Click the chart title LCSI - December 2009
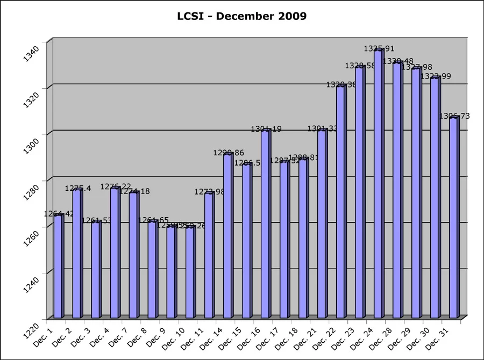tap(242, 16)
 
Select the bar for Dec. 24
tap(378, 183)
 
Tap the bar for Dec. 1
tap(58, 266)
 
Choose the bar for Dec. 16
tap(265, 223)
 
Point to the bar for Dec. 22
tap(340, 201)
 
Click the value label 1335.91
tap(379, 49)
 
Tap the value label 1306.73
tap(454, 116)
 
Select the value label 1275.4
tap(78, 189)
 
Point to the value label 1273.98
tap(210, 192)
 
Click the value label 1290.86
tap(229, 153)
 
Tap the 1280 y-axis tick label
tap(33, 191)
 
